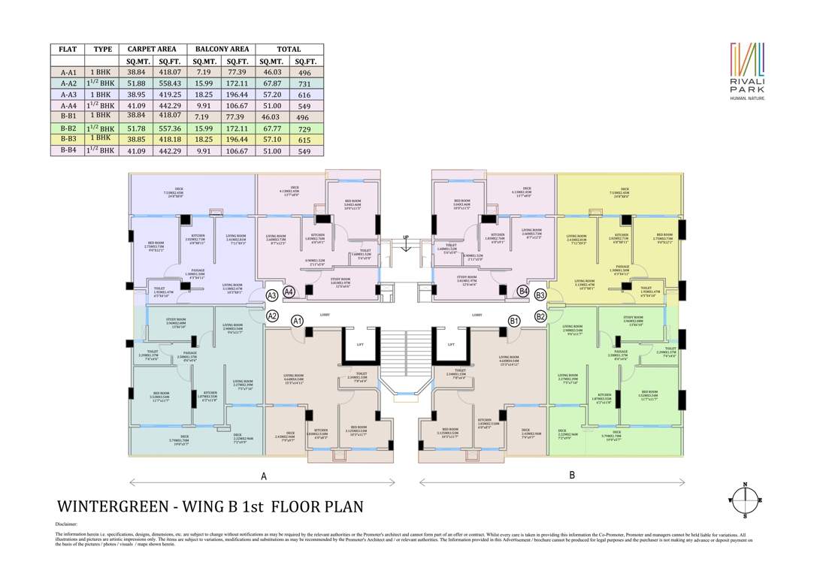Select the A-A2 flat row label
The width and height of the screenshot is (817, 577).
tap(68, 83)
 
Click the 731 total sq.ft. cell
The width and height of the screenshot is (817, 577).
tap(305, 83)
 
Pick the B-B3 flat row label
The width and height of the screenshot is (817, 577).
tap(68, 139)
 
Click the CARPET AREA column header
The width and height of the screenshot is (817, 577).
tap(152, 49)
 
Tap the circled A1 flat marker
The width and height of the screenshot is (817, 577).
tap(297, 321)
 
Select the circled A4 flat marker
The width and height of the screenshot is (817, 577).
tap(289, 292)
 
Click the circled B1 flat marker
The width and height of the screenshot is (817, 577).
tap(514, 321)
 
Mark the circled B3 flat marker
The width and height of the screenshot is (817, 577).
tap(540, 295)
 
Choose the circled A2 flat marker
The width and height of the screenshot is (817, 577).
tap(273, 316)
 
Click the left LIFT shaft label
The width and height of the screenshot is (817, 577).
tap(360, 344)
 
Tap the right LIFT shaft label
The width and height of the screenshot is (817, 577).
tap(451, 344)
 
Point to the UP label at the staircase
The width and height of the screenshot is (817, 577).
tap(407, 237)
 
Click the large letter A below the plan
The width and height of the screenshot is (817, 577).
tap(263, 476)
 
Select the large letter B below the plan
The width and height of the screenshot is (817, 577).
tap(572, 475)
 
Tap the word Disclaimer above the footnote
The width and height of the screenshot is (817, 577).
tap(66, 524)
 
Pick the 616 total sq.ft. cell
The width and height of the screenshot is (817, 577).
tap(305, 95)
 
